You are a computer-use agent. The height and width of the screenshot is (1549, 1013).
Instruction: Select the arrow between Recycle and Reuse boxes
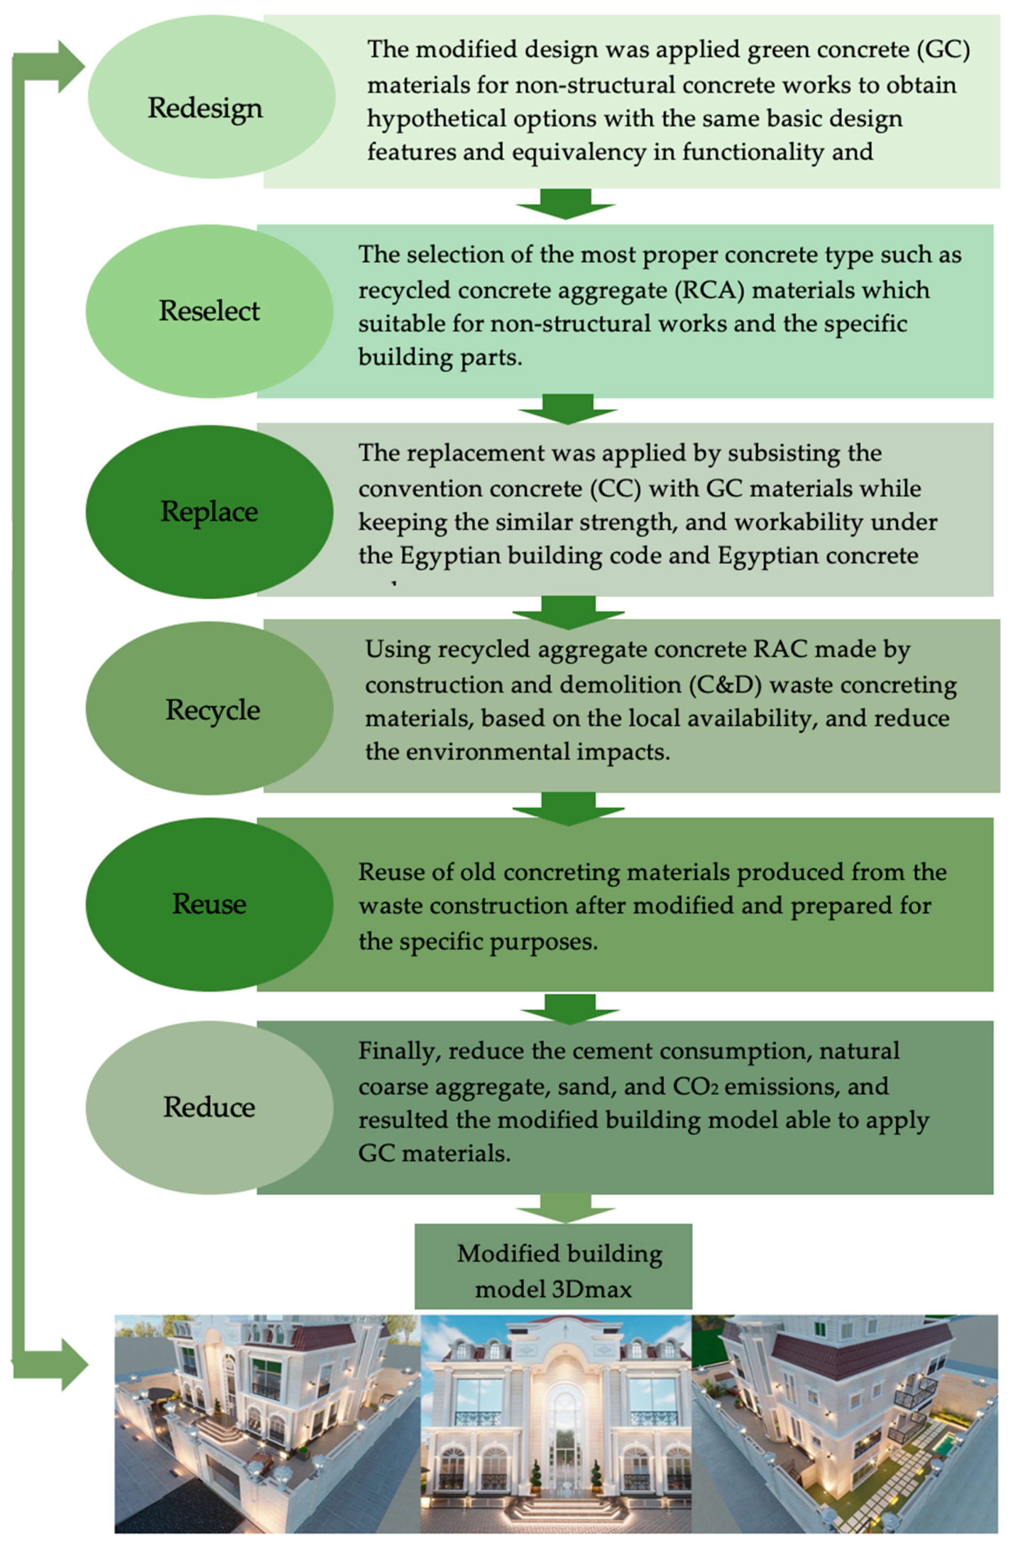coord(568,807)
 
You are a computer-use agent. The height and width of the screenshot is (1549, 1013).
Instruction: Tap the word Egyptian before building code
coord(442,556)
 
